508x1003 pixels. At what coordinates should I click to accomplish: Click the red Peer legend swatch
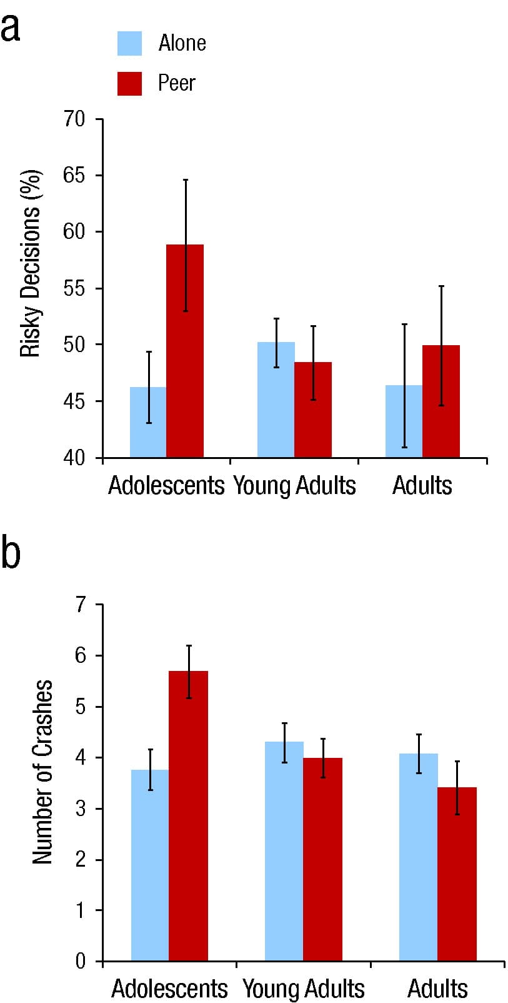pyautogui.click(x=129, y=83)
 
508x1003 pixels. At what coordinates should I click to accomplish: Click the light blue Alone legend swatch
pyautogui.click(x=129, y=43)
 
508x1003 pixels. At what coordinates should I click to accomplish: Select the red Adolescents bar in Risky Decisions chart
pyautogui.click(x=185, y=351)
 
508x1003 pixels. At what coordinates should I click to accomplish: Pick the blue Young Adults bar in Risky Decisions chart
pyautogui.click(x=276, y=400)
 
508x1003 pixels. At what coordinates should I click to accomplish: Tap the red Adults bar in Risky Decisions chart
pyautogui.click(x=441, y=401)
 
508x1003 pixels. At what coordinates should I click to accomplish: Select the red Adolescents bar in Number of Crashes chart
pyautogui.click(x=189, y=815)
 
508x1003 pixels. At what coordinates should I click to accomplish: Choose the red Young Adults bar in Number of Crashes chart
pyautogui.click(x=322, y=859)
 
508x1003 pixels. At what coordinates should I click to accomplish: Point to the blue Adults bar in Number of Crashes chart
pyautogui.click(x=419, y=857)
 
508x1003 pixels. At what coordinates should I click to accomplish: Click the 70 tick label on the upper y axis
pyautogui.click(x=74, y=119)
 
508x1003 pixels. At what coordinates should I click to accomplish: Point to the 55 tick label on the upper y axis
pyautogui.click(x=74, y=288)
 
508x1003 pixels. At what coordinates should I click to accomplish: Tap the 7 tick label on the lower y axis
pyautogui.click(x=81, y=605)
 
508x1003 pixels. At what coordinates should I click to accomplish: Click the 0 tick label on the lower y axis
pyautogui.click(x=81, y=960)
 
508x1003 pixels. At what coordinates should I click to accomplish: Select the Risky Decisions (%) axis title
pyautogui.click(x=30, y=264)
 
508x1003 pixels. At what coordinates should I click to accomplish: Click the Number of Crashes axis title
pyautogui.click(x=42, y=772)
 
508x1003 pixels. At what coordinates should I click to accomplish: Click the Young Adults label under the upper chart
pyautogui.click(x=294, y=485)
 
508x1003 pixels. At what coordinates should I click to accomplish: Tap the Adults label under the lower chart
pyautogui.click(x=437, y=989)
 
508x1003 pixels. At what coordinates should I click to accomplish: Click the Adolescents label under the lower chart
pyautogui.click(x=169, y=989)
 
